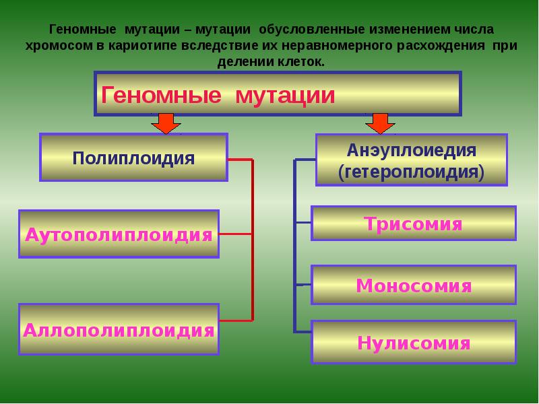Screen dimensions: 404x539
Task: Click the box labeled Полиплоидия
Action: (133, 158)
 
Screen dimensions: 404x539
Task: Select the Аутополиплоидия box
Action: (119, 234)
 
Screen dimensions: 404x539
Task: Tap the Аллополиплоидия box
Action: (119, 330)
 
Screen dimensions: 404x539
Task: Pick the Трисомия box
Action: (413, 224)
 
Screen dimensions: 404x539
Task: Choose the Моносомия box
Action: (413, 285)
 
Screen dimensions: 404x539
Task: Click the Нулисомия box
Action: (413, 343)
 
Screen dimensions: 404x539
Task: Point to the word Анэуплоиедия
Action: (412, 149)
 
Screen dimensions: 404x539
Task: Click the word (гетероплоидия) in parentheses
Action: (412, 171)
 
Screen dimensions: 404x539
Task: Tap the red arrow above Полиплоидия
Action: (165, 124)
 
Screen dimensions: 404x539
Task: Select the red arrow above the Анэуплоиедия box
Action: (381, 124)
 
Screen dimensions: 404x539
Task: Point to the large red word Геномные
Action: (160, 95)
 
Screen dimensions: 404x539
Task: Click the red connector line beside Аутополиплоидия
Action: (236, 234)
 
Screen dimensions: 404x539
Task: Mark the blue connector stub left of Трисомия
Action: (303, 223)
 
